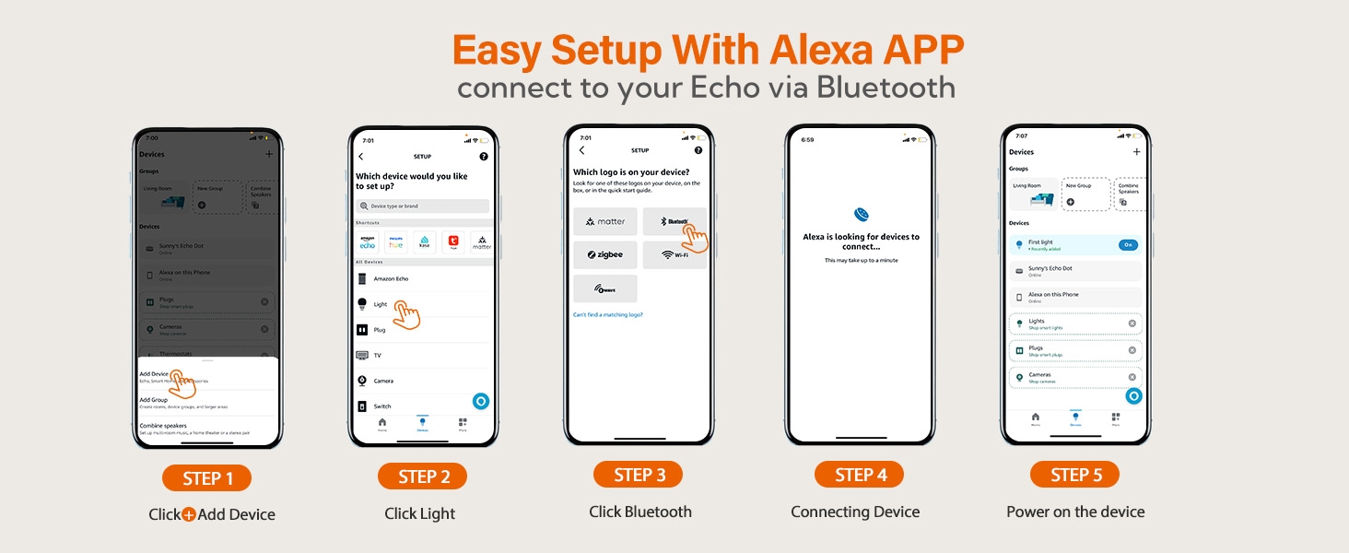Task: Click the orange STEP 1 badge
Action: click(x=206, y=478)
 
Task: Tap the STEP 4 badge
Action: click(x=859, y=475)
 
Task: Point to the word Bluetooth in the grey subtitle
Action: click(x=886, y=88)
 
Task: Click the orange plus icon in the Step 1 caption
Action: click(x=188, y=514)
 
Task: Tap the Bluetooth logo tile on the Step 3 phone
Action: click(x=674, y=221)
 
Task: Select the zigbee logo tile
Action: click(x=604, y=254)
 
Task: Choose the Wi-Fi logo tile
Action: click(x=674, y=254)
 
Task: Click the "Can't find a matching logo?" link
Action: click(x=607, y=315)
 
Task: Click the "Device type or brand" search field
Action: click(x=422, y=206)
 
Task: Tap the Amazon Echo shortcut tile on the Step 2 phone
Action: click(x=369, y=241)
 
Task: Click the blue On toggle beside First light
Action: click(x=1128, y=244)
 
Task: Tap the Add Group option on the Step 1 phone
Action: click(x=206, y=403)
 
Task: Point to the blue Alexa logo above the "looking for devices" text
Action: click(x=861, y=216)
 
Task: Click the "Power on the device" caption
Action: click(x=1075, y=512)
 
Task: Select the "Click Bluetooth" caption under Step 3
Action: click(x=640, y=512)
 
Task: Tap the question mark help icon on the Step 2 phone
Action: click(x=484, y=157)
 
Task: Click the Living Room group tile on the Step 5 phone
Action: click(x=1032, y=194)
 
